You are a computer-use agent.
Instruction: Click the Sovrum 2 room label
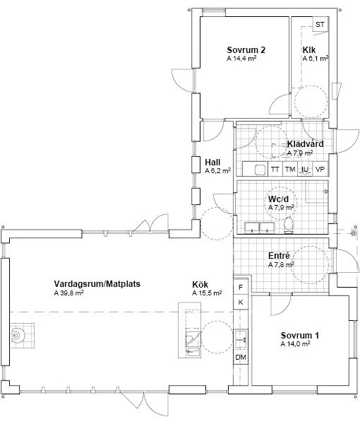(x=246, y=50)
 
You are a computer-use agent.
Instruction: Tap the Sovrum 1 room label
(x=300, y=336)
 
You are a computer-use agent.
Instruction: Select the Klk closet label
(x=309, y=50)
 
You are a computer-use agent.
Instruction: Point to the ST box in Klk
(x=320, y=24)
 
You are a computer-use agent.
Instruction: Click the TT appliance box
(x=275, y=170)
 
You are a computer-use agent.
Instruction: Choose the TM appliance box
(x=290, y=170)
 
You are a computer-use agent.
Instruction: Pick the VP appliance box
(x=320, y=170)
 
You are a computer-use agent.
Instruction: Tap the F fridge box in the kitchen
(x=241, y=287)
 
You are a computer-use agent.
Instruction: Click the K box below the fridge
(x=241, y=302)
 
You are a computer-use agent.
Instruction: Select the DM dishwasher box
(x=241, y=357)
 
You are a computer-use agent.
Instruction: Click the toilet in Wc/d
(x=289, y=225)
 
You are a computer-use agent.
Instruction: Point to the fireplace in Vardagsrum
(x=17, y=335)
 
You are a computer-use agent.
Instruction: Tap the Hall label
(x=212, y=163)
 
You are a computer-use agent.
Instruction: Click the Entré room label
(x=279, y=256)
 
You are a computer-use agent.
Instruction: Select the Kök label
(x=200, y=285)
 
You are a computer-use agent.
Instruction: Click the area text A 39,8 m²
(x=68, y=293)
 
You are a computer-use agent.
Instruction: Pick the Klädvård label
(x=305, y=144)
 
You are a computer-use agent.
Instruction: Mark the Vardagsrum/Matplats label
(x=97, y=284)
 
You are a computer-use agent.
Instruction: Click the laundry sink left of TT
(x=260, y=170)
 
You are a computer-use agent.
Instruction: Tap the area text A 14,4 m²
(x=241, y=59)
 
